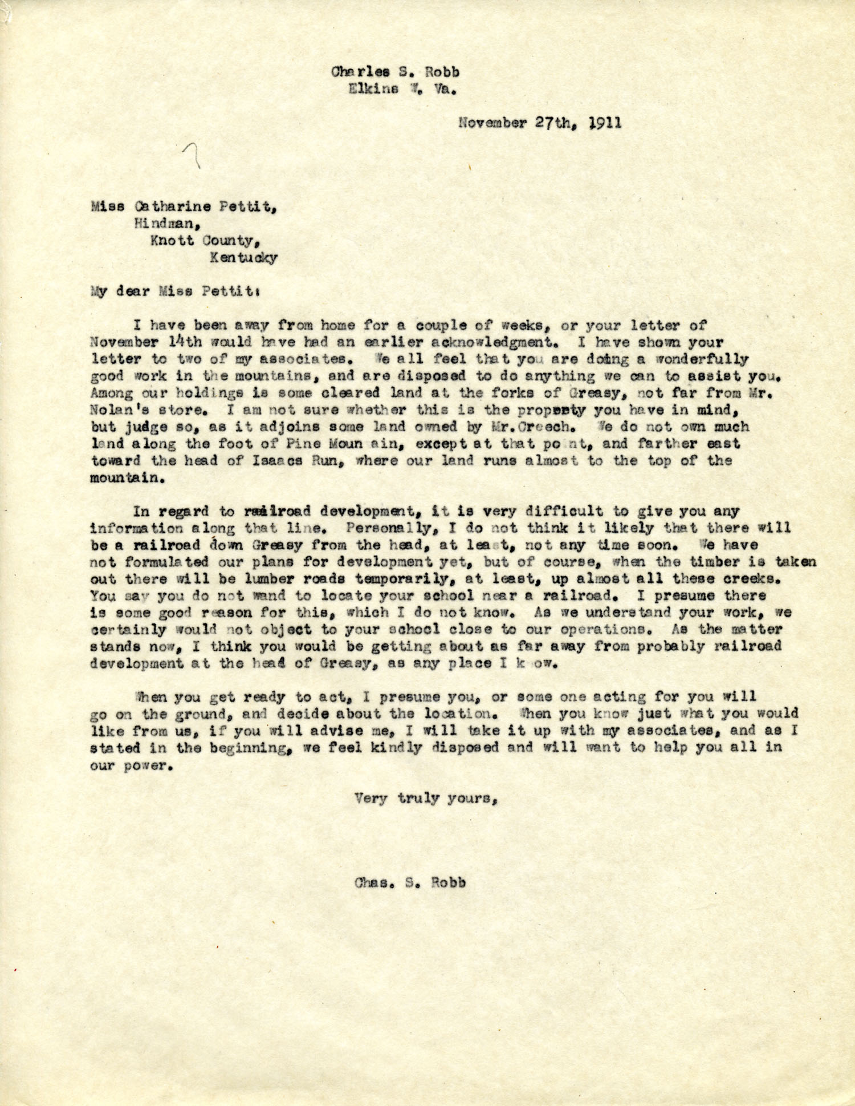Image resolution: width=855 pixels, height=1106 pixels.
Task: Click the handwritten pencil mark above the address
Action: (x=193, y=155)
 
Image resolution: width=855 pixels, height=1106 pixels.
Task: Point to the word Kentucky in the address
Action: (x=243, y=257)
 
